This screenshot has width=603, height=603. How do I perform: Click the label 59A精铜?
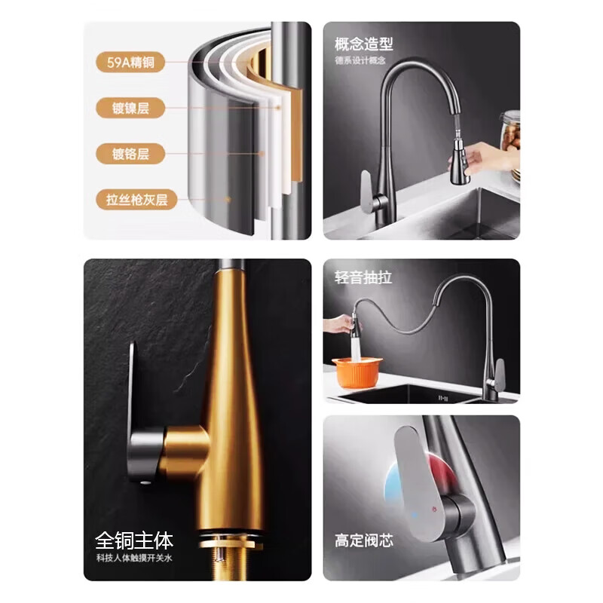point(130,63)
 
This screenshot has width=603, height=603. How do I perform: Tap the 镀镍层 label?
point(130,108)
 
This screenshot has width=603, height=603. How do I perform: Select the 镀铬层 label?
point(130,155)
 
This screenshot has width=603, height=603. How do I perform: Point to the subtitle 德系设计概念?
point(360,60)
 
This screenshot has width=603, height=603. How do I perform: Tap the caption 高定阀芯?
point(364,540)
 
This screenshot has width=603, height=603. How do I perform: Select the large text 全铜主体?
point(134,540)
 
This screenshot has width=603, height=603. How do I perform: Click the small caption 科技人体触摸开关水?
point(134,558)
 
